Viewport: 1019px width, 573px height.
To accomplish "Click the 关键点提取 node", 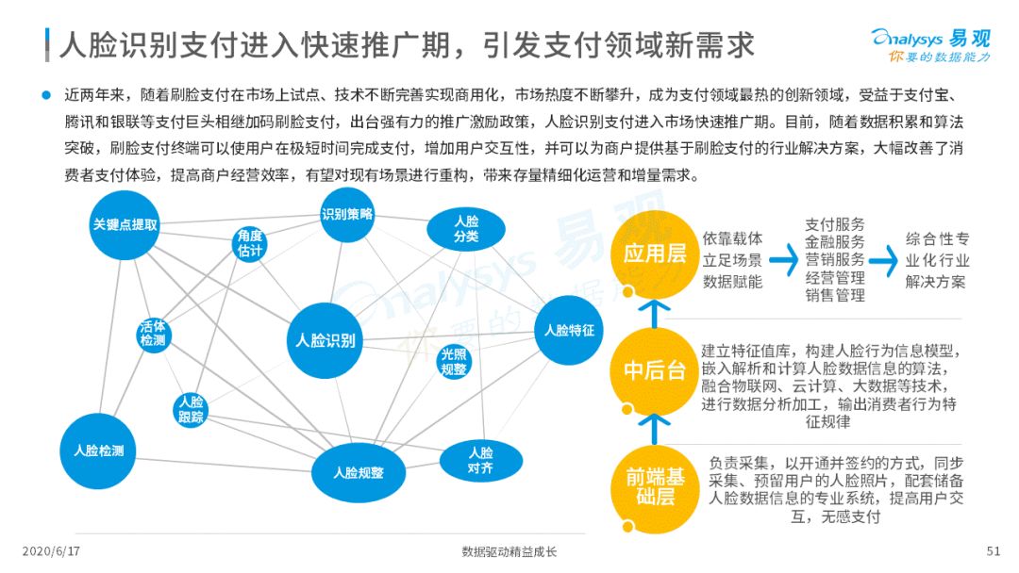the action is (125, 225).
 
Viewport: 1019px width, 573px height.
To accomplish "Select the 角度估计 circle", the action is (249, 244).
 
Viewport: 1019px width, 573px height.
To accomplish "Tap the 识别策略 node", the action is (347, 215).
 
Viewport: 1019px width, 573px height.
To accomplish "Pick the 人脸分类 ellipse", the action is (466, 230).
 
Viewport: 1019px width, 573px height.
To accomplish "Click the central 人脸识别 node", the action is (325, 340).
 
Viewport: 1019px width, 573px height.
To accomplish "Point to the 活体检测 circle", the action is (154, 334).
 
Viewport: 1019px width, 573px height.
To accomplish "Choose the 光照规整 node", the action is (454, 362).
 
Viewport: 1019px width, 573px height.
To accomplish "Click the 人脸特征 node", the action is (569, 330).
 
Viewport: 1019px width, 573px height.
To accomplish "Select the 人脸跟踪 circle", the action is (191, 409).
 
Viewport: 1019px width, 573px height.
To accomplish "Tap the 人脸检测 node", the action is (98, 451).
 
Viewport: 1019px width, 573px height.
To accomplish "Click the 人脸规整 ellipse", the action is (359, 473).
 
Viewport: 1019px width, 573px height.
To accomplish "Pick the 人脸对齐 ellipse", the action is (481, 461).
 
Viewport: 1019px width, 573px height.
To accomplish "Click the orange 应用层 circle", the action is (655, 254).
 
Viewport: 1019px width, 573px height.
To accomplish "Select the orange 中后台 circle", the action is (655, 371).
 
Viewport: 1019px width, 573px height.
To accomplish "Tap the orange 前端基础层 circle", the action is (655, 488).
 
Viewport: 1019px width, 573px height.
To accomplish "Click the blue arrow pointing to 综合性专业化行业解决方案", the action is (883, 261).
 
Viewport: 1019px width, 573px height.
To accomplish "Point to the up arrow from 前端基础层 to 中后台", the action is (655, 430).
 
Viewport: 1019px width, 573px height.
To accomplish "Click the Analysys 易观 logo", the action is (931, 45).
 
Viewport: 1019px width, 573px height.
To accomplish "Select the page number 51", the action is (993, 551).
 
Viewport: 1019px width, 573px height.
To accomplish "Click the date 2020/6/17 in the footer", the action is (51, 551).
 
